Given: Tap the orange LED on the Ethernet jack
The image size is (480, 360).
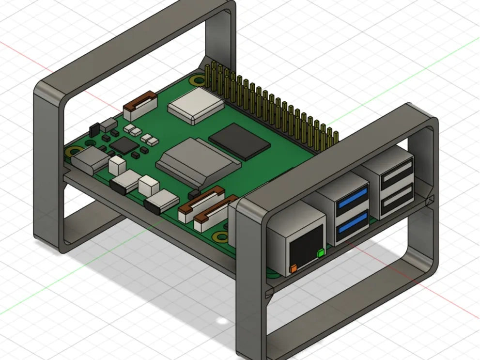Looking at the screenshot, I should click(293, 268).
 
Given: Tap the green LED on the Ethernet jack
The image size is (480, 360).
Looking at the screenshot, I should click(320, 253).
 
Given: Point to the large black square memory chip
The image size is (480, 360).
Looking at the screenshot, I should click(239, 141).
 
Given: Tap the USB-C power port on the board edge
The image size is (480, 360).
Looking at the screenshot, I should click(91, 160).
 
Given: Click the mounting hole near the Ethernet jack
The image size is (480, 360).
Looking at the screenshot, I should click(221, 236).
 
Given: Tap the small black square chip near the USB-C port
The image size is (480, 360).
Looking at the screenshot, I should click(124, 144).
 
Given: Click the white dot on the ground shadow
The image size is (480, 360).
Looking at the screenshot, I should click(222, 321).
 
